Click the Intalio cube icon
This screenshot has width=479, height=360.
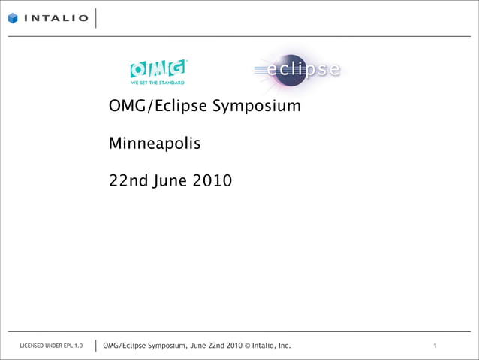coord(14,18)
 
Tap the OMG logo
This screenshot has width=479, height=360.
coord(158,69)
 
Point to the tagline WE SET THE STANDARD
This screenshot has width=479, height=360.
coord(158,83)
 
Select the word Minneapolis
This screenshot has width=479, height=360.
coord(155,142)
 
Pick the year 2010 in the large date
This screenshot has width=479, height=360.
coord(212,181)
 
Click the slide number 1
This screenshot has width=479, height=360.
coord(435,346)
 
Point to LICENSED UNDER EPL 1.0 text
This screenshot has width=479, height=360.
coord(52,346)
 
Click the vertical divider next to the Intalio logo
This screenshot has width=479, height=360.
coord(96,18)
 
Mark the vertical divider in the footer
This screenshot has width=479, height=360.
coord(96,345)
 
